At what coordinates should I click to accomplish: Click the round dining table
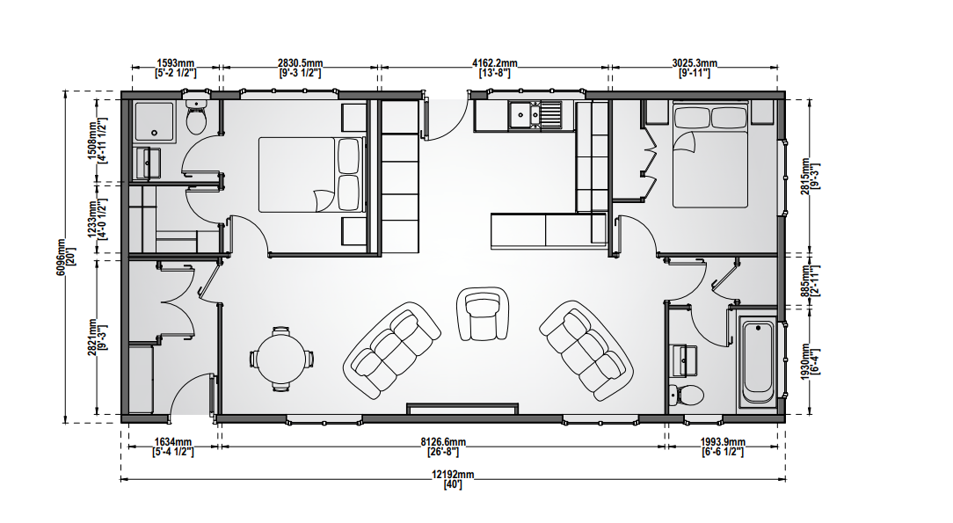(280, 359)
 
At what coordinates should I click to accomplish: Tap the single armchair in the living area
(483, 314)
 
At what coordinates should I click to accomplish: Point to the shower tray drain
(155, 133)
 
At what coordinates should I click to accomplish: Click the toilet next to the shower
(196, 117)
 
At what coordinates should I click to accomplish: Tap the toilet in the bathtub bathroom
(686, 395)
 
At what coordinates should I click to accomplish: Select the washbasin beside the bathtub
(684, 360)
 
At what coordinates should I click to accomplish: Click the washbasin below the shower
(147, 163)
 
